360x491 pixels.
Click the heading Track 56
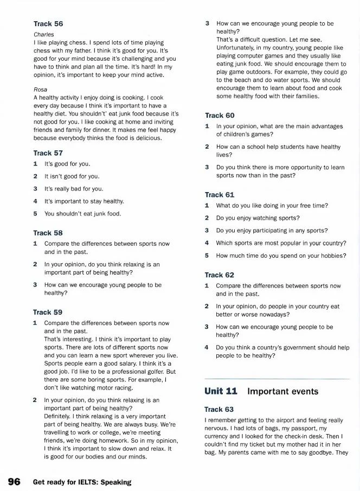click(x=48, y=24)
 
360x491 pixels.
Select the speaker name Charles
click(x=43, y=34)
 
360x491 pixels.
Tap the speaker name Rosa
click(x=40, y=89)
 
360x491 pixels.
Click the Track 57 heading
click(x=48, y=153)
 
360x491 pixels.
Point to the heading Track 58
click(x=48, y=233)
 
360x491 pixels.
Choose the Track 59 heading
click(x=48, y=312)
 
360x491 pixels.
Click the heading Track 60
click(x=220, y=115)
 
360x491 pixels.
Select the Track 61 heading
click(x=220, y=194)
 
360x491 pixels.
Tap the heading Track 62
click(x=220, y=275)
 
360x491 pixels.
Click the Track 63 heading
click(x=220, y=409)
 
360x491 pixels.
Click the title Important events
click(x=282, y=391)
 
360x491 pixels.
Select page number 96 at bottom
click(x=14, y=481)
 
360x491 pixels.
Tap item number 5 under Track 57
click(x=35, y=214)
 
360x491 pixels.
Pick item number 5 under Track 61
click(x=207, y=255)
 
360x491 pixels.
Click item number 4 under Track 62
click(x=207, y=348)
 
